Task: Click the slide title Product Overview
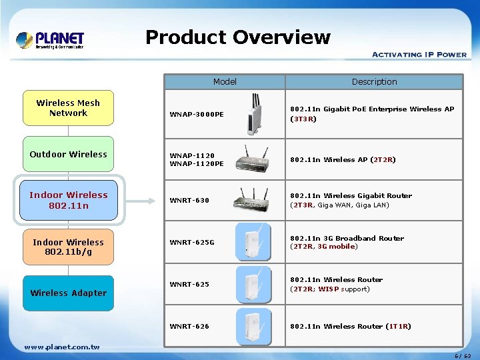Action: point(237,37)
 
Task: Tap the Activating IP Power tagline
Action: point(419,55)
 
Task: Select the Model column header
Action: point(225,82)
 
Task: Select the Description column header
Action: point(374,82)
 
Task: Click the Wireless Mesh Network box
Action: point(68,108)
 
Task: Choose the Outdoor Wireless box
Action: point(68,154)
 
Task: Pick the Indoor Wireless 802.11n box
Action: point(68,200)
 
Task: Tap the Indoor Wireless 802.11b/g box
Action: point(68,247)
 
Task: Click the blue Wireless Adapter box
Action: point(68,293)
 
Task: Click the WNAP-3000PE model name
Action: point(197,114)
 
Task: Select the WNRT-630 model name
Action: point(189,200)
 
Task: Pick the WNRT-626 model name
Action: point(189,326)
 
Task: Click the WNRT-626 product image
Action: point(253,326)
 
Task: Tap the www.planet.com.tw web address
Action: point(62,347)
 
